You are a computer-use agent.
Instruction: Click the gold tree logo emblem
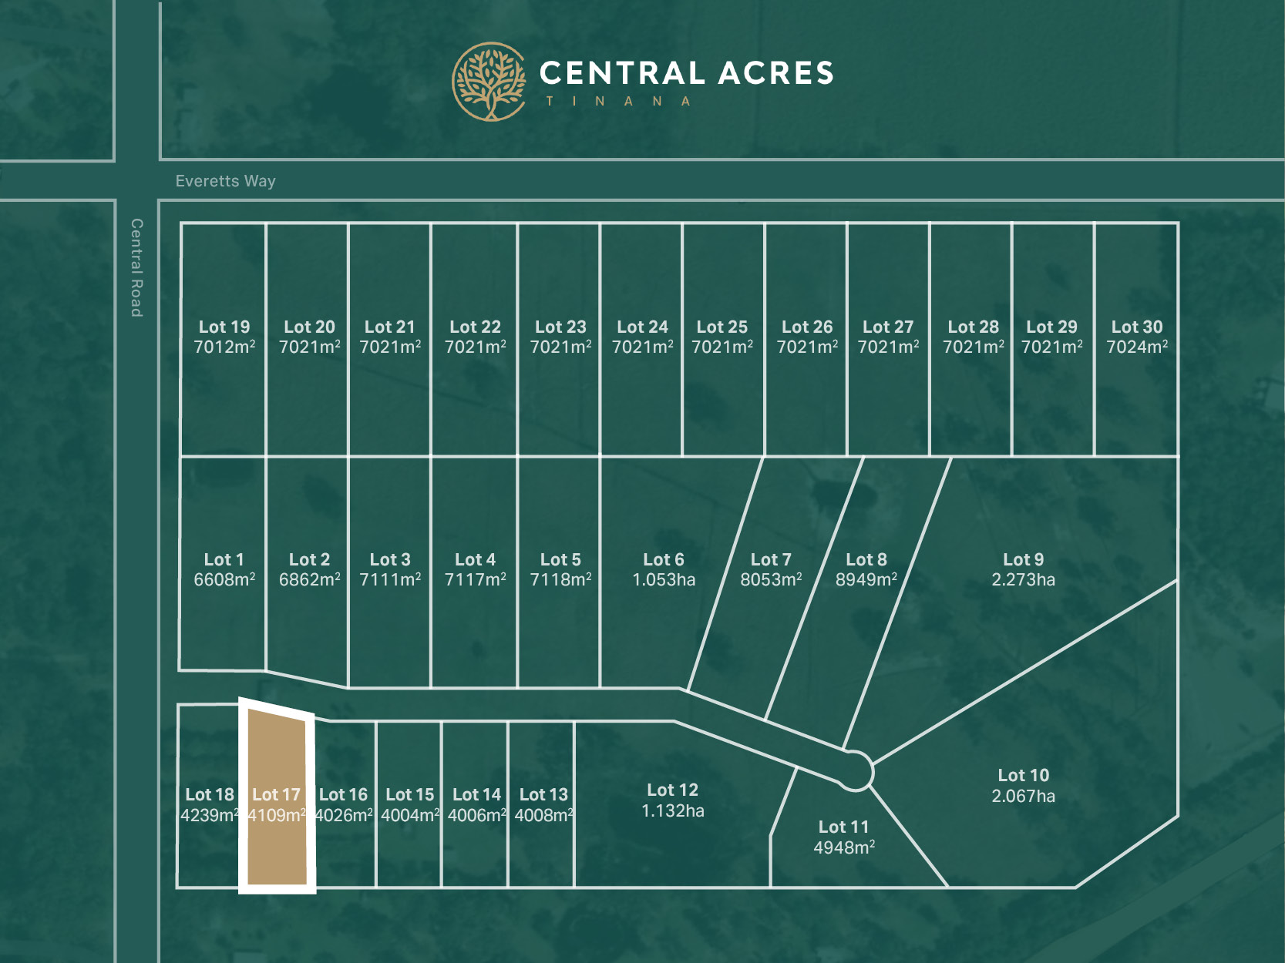coord(489,82)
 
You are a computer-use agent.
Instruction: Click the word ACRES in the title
coord(776,73)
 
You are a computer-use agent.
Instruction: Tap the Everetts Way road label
coord(225,181)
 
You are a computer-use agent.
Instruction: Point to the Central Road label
coord(136,267)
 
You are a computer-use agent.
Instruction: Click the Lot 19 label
coord(224,327)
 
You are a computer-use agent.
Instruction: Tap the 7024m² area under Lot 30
coord(1137,347)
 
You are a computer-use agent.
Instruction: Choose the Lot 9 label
coord(1023,559)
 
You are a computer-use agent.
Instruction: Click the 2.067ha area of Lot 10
coord(1023,796)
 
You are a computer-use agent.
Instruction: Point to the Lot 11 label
coord(843,827)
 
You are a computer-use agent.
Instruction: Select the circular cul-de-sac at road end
coord(854,770)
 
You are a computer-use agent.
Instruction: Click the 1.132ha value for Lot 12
coord(672,810)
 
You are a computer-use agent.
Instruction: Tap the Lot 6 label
coord(664,559)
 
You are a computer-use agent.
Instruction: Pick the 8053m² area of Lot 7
coord(771,580)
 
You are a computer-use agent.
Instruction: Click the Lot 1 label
coord(224,559)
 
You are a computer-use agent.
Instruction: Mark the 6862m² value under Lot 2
coord(309,580)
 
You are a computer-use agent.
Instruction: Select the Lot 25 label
coord(722,327)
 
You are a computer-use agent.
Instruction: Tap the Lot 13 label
coord(543,794)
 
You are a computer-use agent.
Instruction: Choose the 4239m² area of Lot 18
coord(209,815)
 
